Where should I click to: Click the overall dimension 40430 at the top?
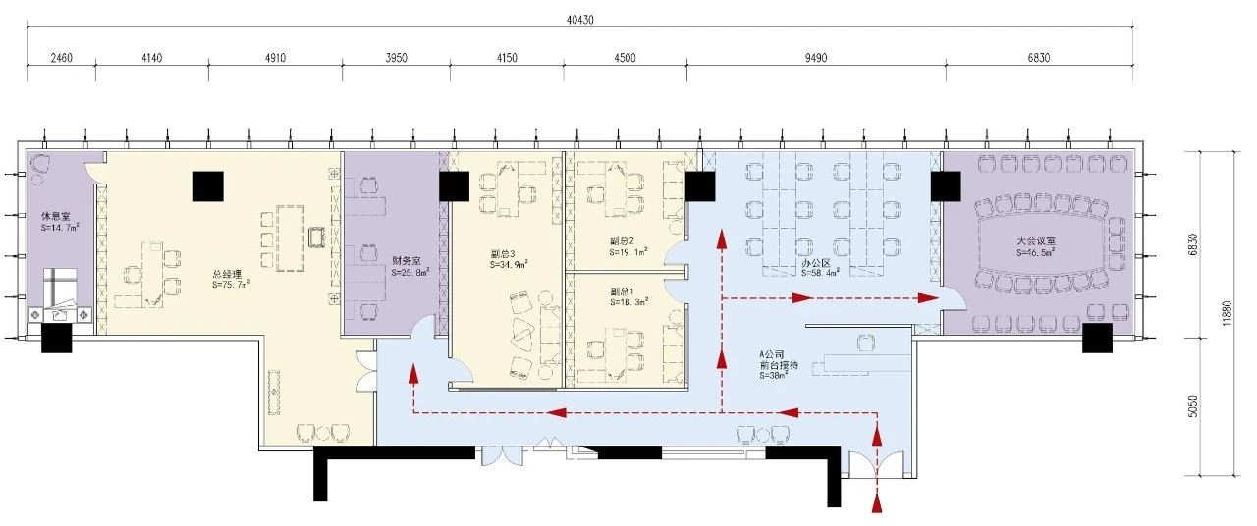coord(579,21)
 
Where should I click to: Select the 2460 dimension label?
coord(61,58)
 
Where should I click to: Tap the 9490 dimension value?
coord(815,58)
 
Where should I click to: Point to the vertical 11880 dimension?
coord(1227,313)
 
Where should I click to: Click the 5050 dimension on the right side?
coord(1192,406)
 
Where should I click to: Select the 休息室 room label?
coord(56,217)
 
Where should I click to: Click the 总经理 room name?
coord(227,274)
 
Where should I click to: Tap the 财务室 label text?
coord(407,261)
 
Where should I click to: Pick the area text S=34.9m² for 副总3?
coord(509,265)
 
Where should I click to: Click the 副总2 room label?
coord(622,241)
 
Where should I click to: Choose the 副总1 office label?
coord(622,291)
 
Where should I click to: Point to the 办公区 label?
coord(815,263)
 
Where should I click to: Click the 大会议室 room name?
coord(1036,241)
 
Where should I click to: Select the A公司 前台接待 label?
coord(779,360)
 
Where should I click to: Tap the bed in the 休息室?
coord(61,288)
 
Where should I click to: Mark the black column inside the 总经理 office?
coord(208,186)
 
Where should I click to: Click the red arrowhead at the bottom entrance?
coord(877,504)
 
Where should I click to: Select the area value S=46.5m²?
coord(1036,253)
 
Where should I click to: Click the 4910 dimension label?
coord(275,58)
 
